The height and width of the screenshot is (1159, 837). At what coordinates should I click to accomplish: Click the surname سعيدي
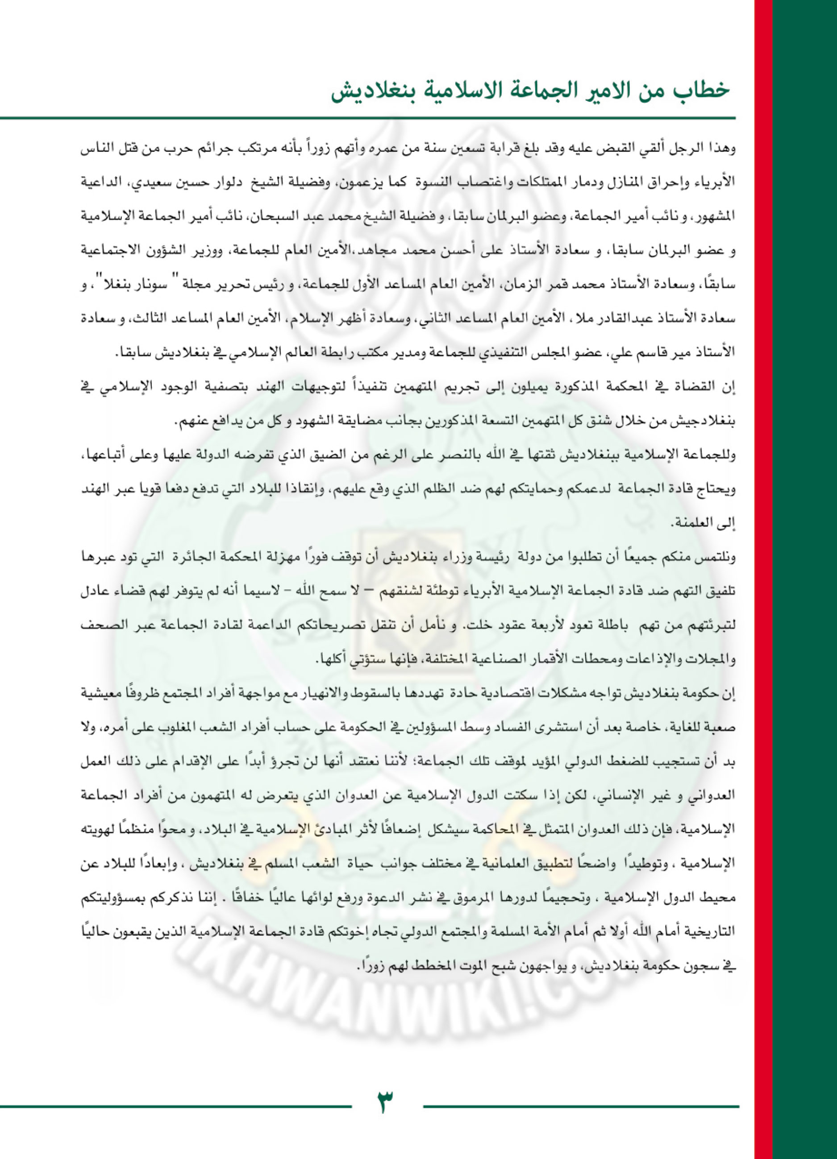pos(654,183)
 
